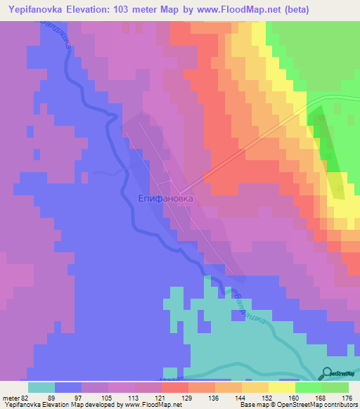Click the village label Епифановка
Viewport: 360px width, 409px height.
[x=165, y=199]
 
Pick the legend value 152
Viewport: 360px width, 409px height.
[x=271, y=397]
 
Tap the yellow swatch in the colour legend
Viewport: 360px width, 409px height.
[x=281, y=387]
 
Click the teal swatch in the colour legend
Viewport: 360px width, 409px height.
[x=41, y=387]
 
